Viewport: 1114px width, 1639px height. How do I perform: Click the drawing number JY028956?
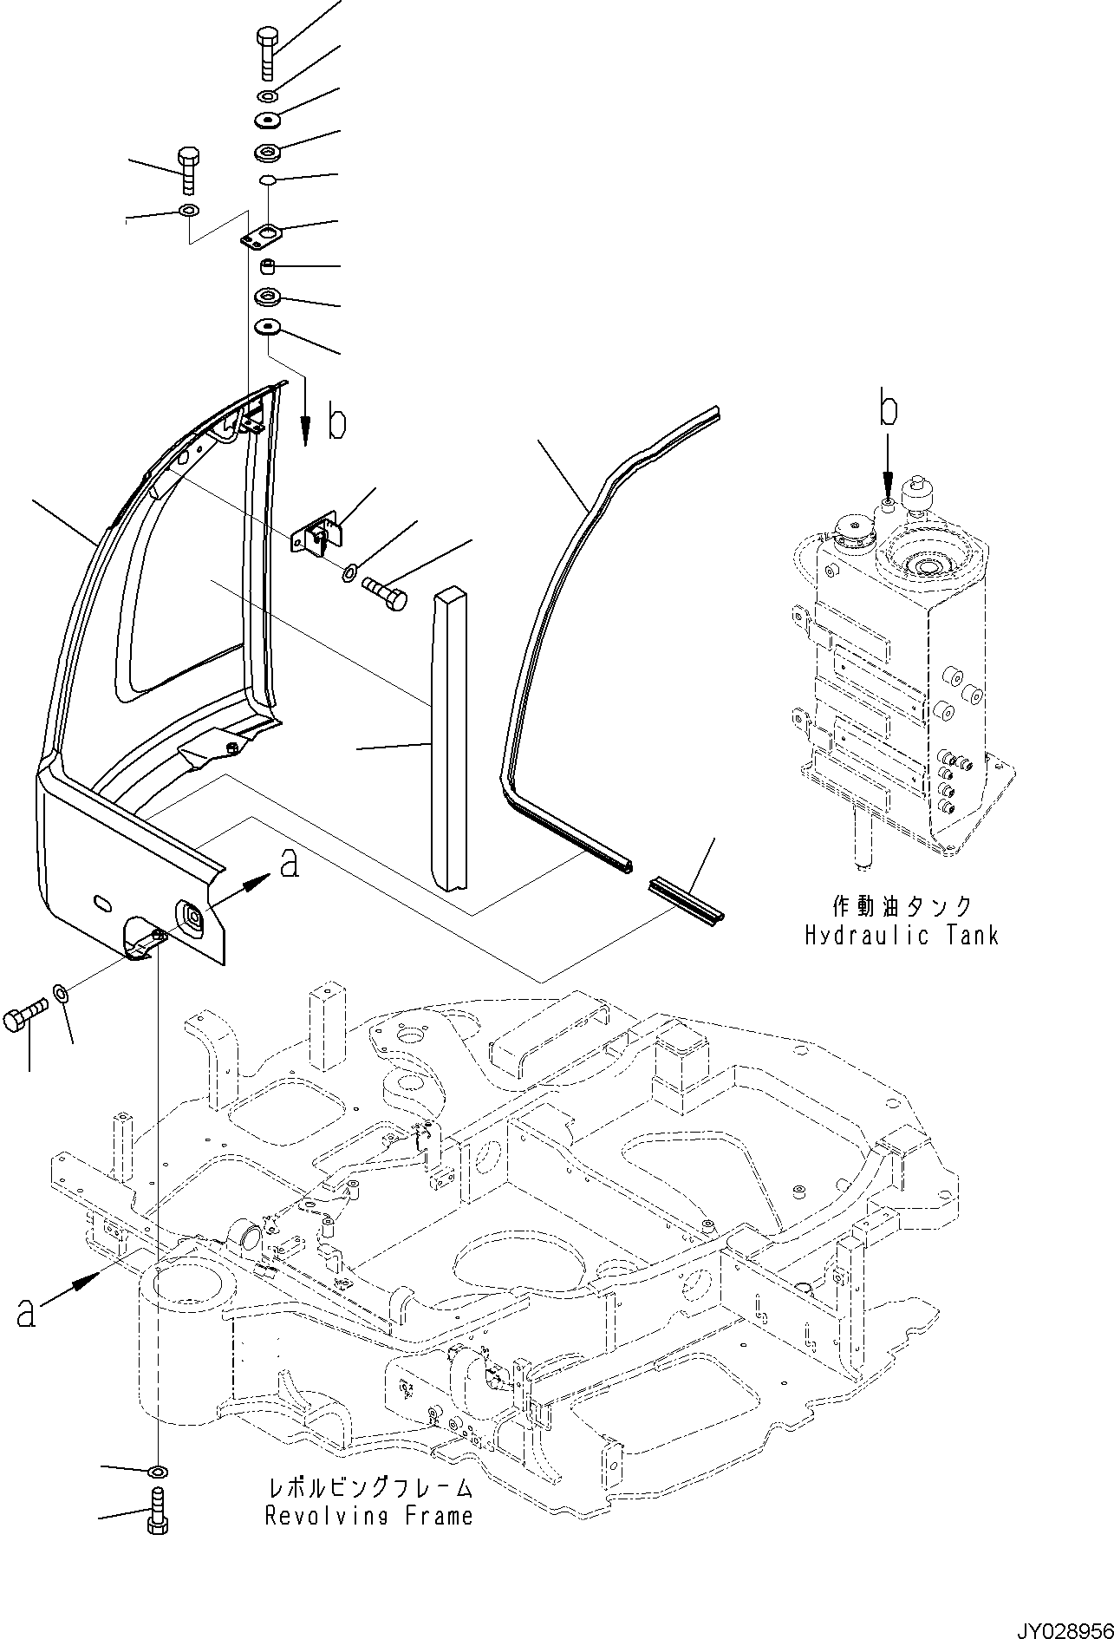1057,1622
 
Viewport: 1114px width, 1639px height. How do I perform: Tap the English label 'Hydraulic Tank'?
902,936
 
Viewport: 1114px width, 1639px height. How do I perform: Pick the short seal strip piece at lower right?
685,897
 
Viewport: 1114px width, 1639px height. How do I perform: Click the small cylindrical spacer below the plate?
268,266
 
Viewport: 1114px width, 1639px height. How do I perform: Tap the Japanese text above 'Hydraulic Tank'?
902,907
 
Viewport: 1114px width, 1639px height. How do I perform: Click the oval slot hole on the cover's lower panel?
101,903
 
